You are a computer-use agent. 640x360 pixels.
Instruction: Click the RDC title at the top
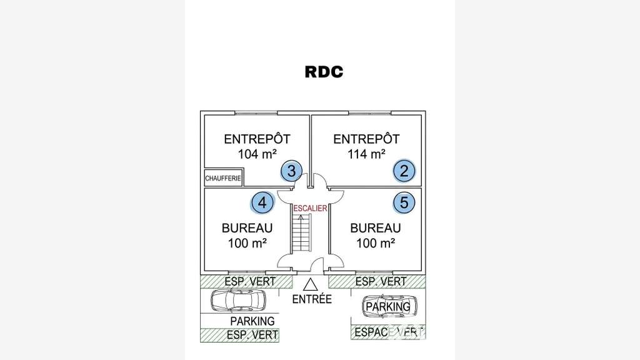coord(324,72)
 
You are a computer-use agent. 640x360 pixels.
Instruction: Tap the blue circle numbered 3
coord(291,171)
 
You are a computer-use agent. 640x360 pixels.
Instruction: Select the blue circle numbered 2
coord(404,171)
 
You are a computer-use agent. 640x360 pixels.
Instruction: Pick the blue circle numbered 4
coord(262,203)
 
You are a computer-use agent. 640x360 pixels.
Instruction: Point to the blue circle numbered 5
coord(404,202)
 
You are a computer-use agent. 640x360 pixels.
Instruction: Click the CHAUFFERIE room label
coord(223,178)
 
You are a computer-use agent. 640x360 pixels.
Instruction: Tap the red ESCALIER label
coord(310,208)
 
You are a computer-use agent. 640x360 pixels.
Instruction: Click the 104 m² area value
coord(257,154)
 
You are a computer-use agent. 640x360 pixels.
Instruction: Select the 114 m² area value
coord(366,154)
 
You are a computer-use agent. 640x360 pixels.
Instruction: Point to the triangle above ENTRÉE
coord(310,284)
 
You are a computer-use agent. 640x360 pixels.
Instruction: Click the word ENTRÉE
coord(312,299)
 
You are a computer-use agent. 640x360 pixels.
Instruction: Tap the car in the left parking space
coord(238,301)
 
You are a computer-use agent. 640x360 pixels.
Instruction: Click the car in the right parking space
coord(390,306)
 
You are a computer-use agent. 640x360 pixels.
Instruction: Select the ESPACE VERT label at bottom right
coord(389,332)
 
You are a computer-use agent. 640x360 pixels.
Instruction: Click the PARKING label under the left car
coord(252,321)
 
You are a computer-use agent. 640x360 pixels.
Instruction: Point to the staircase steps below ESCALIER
coord(302,233)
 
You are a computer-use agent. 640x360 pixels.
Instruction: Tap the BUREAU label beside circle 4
coord(247,227)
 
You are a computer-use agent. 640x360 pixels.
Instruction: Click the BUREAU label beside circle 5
coord(376,227)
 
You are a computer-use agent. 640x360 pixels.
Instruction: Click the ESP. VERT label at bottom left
coord(252,335)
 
